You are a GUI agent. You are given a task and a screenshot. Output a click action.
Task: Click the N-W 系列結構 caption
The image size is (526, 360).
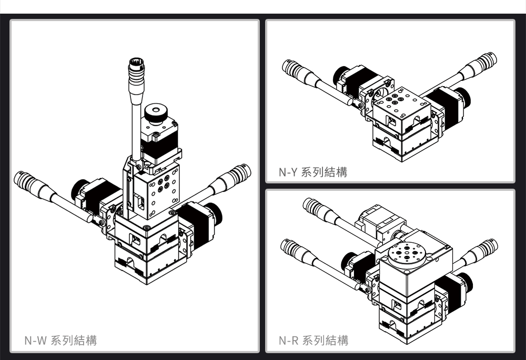(60, 341)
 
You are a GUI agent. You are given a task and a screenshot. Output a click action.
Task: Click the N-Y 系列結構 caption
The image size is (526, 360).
(313, 172)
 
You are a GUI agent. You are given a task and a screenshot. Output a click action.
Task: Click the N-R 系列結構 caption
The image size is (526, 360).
(313, 341)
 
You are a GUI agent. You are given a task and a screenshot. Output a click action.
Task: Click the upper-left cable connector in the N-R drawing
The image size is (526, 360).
(314, 207)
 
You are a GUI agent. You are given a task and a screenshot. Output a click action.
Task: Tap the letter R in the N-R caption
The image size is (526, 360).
(294, 341)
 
